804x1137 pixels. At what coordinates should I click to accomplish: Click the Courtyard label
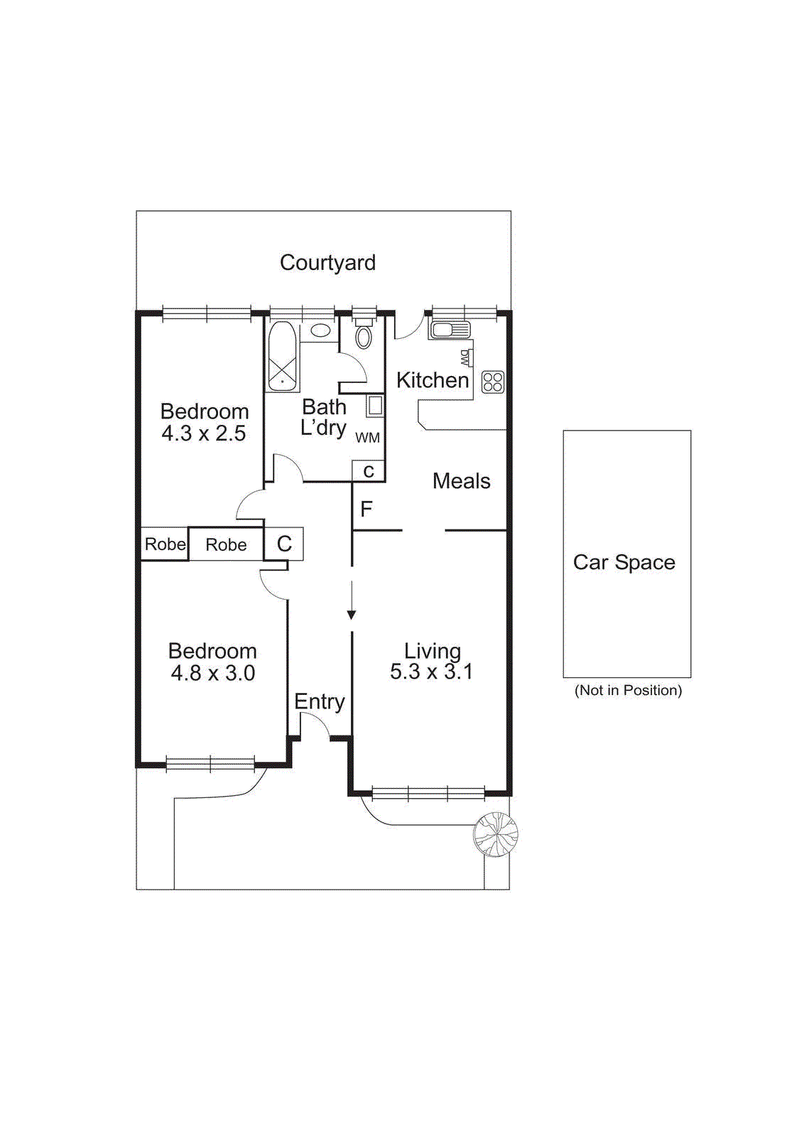tap(327, 263)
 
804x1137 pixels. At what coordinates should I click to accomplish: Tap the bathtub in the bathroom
tap(282, 356)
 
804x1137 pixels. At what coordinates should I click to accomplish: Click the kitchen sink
tap(450, 330)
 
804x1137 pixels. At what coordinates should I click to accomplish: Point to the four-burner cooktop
tap(493, 382)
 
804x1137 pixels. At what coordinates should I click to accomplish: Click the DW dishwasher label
tap(465, 357)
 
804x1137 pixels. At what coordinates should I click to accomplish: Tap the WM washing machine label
tap(367, 438)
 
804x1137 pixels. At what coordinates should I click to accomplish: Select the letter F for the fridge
tap(366, 509)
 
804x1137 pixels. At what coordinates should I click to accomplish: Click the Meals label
tap(462, 481)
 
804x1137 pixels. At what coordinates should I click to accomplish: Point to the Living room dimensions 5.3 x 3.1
tap(431, 672)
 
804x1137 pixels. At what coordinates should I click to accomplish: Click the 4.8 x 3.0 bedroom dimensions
tap(213, 673)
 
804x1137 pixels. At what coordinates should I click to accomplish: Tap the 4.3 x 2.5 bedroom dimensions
tap(204, 433)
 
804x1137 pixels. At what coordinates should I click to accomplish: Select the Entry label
tap(320, 701)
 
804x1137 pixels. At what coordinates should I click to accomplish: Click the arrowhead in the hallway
tap(352, 615)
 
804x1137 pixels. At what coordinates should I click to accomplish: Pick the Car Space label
tap(624, 562)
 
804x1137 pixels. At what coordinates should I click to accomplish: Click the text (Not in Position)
tap(628, 690)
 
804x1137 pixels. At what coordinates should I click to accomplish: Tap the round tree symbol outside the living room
tap(496, 834)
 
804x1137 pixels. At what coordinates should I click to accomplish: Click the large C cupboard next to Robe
tap(284, 544)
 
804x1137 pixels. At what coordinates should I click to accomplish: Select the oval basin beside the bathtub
tap(320, 330)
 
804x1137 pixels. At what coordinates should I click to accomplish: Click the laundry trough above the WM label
tap(374, 406)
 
